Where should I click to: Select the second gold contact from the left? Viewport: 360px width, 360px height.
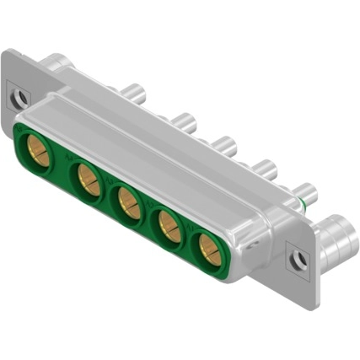coord(87,179)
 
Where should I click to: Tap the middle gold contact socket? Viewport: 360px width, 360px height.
coord(128,203)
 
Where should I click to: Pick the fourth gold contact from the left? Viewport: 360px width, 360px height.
coord(169,225)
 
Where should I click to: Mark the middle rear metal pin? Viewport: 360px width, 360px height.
coord(223,144)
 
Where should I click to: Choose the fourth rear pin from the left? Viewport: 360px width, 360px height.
coord(265,168)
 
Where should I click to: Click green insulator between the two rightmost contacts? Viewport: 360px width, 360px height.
coord(188,239)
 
